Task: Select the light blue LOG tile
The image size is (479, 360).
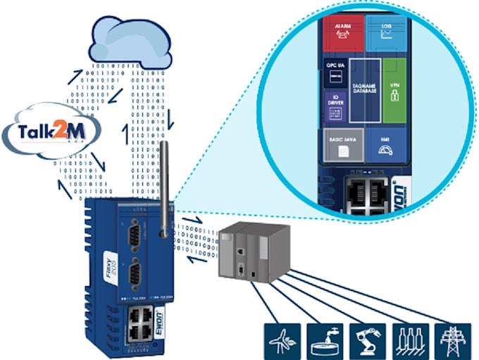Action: tap(386, 32)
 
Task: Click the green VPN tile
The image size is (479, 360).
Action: tap(394, 91)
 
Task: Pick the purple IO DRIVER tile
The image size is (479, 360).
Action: tap(334, 106)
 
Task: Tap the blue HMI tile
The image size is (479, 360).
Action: tap(386, 145)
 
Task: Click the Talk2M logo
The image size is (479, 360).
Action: tap(51, 132)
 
